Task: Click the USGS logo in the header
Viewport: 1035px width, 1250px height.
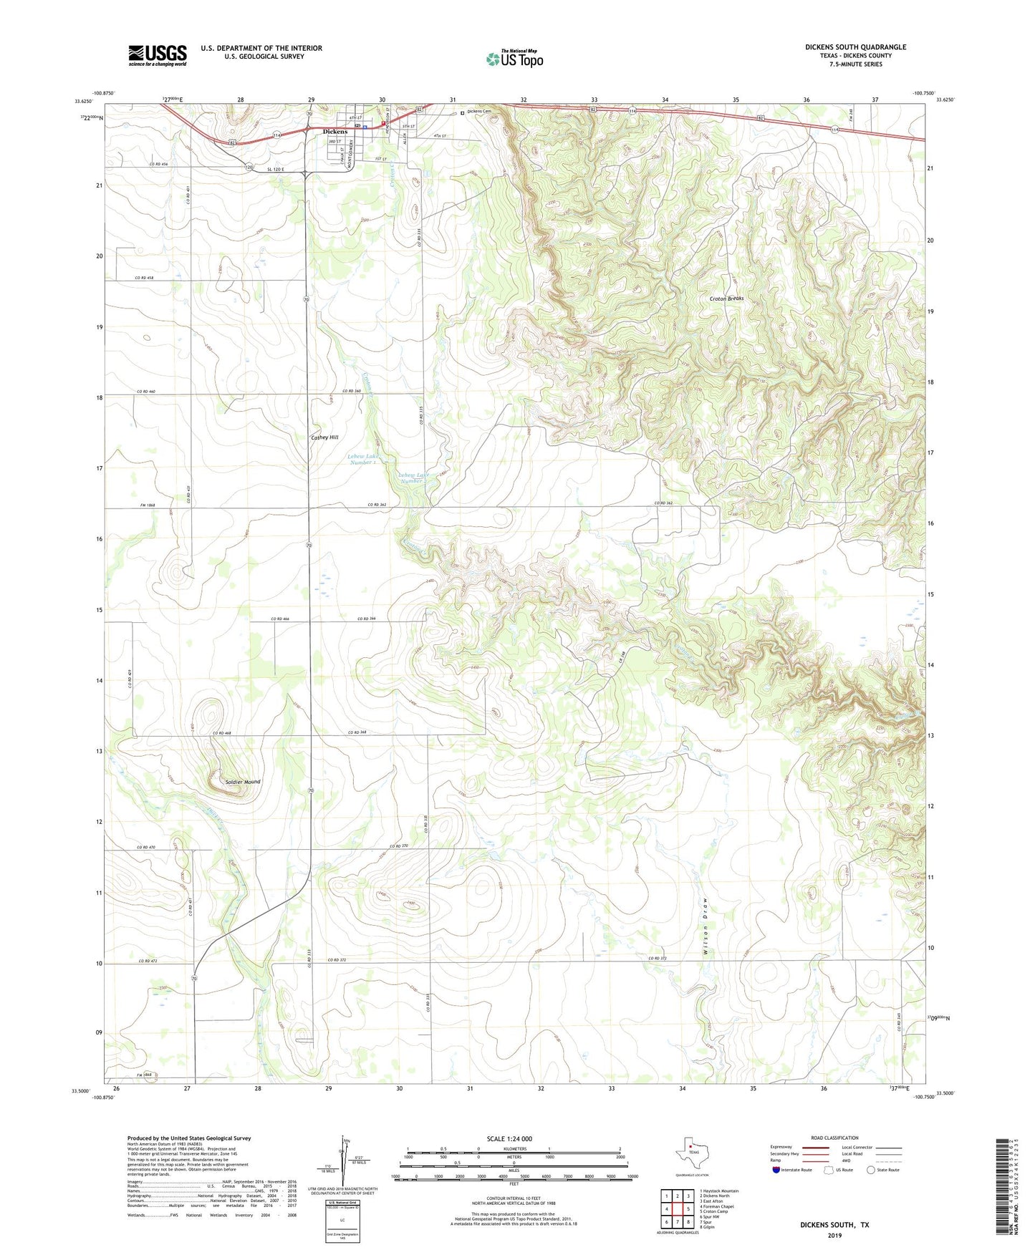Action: [158, 54]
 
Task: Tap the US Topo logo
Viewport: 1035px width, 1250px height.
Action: [514, 58]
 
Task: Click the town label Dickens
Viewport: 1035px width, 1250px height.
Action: [334, 132]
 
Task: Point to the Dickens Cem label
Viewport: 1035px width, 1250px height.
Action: [479, 112]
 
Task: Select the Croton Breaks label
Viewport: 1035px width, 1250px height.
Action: [726, 299]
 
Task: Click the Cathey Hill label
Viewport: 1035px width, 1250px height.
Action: [324, 437]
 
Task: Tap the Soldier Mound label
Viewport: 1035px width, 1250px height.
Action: [242, 782]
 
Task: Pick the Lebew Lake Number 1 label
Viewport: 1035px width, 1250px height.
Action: [362, 459]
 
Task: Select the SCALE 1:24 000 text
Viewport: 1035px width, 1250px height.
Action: [509, 1138]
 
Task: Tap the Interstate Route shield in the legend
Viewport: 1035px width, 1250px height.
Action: [776, 1170]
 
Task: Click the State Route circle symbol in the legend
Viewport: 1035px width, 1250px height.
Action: [870, 1170]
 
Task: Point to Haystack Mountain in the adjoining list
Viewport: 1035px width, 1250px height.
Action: [721, 1191]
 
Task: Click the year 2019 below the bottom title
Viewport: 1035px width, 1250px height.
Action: [834, 1236]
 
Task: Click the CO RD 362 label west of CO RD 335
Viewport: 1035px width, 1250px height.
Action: [377, 505]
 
